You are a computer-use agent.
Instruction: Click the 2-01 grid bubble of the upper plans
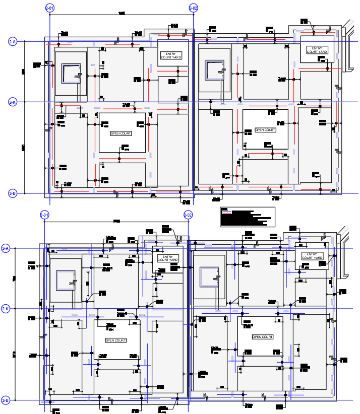[49, 8]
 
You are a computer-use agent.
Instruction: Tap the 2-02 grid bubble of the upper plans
[193, 8]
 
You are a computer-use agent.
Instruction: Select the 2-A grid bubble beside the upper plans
[13, 42]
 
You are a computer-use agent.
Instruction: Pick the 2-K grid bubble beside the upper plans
[13, 102]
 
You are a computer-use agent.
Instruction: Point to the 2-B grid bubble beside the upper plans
[13, 193]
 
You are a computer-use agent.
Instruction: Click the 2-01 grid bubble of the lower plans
[44, 216]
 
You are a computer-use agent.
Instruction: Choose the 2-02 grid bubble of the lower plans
[188, 216]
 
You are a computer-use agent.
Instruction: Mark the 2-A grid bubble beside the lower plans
[6, 248]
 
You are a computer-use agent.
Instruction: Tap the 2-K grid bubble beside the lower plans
[6, 309]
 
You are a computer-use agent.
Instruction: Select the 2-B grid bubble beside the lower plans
[6, 400]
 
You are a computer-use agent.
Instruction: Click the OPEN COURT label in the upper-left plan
[121, 133]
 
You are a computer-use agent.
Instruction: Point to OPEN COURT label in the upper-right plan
[265, 130]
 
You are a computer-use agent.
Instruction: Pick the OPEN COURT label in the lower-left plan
[115, 340]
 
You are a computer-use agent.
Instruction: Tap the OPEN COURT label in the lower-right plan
[262, 336]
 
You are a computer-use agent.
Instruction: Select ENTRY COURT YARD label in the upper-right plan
[317, 50]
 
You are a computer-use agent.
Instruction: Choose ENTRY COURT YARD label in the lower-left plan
[167, 258]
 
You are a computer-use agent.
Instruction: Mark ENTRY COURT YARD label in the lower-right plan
[313, 256]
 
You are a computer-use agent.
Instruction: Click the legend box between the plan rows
[248, 217]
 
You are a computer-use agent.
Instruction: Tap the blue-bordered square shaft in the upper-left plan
[71, 74]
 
